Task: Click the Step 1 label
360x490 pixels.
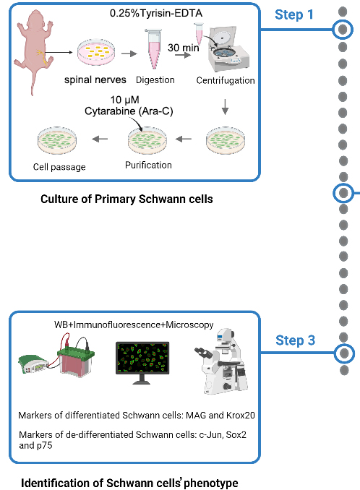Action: pos(294,15)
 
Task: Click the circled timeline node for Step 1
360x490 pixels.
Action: pos(343,30)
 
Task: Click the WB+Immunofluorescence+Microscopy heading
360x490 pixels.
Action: pos(134,323)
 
